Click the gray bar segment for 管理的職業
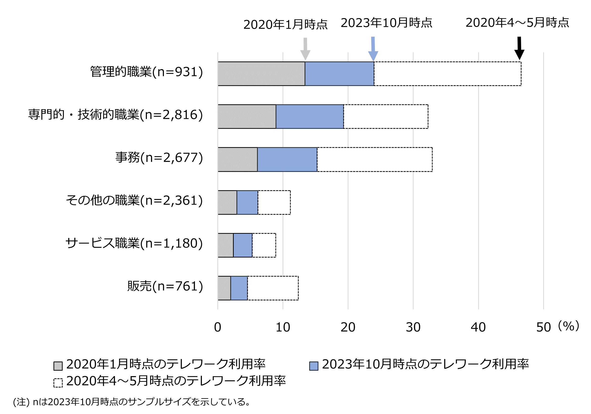pyautogui.click(x=261, y=74)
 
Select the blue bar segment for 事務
pyautogui.click(x=287, y=159)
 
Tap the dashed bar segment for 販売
pyautogui.click(x=273, y=288)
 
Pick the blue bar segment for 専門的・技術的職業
pyautogui.click(x=310, y=116)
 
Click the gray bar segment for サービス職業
pyautogui.click(x=226, y=245)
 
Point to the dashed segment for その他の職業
pyautogui.click(x=274, y=202)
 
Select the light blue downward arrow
pyautogui.click(x=373, y=49)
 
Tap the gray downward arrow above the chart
pyautogui.click(x=305, y=49)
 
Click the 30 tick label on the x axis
pyautogui.click(x=413, y=327)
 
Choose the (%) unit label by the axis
pyautogui.click(x=569, y=326)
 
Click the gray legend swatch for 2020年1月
pyautogui.click(x=58, y=366)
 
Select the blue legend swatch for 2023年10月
pyautogui.click(x=313, y=366)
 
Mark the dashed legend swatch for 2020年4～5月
pyautogui.click(x=58, y=383)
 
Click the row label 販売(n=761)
pyautogui.click(x=165, y=286)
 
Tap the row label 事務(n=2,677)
pyautogui.click(x=159, y=157)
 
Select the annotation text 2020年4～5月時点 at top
pyautogui.click(x=517, y=23)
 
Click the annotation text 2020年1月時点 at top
pyautogui.click(x=285, y=25)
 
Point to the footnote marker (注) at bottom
pyautogui.click(x=21, y=402)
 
